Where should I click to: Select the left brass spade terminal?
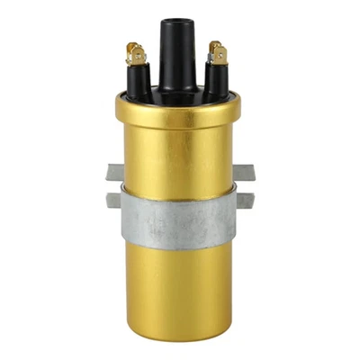click(x=135, y=55)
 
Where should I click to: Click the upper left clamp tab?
click(x=112, y=171)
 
